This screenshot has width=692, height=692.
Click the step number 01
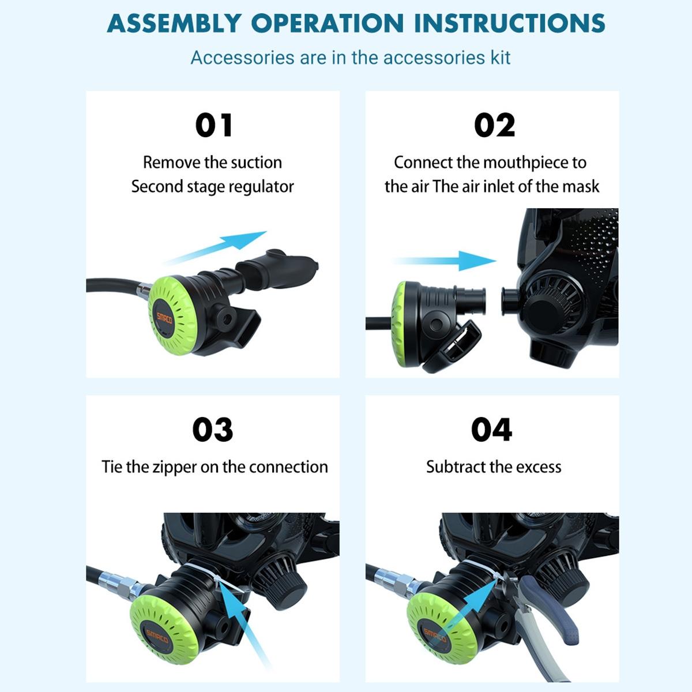(213, 125)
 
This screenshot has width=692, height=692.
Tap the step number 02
(494, 125)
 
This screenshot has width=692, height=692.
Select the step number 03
(212, 430)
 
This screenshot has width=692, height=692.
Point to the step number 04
(491, 430)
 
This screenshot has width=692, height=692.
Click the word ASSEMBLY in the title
(174, 23)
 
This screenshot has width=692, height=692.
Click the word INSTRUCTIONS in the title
(510, 23)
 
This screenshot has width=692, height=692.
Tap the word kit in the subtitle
(499, 58)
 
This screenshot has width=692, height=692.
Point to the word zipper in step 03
(175, 467)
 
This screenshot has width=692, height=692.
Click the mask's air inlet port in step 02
(509, 302)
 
